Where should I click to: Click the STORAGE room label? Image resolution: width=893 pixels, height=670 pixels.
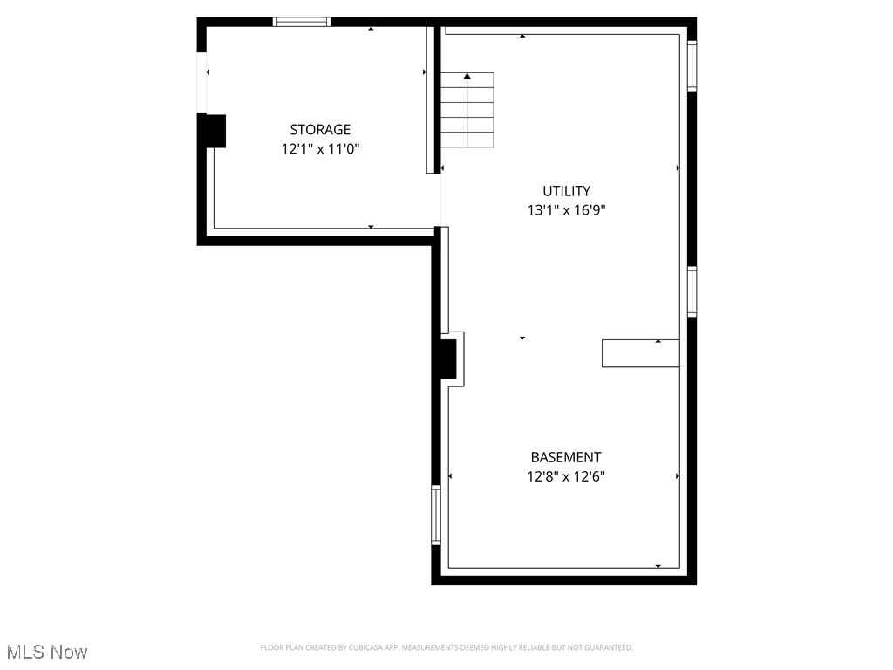click(320, 130)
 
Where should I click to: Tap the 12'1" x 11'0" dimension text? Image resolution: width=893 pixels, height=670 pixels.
click(320, 149)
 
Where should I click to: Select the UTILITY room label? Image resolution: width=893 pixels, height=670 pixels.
click(566, 191)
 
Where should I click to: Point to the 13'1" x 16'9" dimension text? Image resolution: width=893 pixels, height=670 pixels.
click(566, 210)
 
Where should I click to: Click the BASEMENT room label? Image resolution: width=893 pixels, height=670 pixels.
click(566, 457)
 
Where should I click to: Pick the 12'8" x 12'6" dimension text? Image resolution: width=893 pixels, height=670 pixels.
click(566, 476)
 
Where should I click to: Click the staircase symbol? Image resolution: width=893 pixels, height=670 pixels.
click(467, 110)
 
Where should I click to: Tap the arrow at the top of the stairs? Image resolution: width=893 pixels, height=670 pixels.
click(467, 77)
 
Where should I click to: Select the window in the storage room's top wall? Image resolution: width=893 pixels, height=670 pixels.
click(302, 22)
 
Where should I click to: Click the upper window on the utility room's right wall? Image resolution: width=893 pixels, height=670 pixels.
click(692, 66)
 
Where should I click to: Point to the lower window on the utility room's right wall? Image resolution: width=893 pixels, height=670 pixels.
click(692, 291)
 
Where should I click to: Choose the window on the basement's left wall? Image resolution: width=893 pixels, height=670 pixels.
click(436, 515)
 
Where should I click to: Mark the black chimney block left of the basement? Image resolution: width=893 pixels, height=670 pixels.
click(446, 359)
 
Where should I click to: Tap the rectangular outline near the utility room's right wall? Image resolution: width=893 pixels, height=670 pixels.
click(640, 353)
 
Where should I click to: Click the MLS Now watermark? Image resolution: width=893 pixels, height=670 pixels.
click(47, 652)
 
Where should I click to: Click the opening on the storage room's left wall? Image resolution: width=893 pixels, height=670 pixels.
click(202, 83)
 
